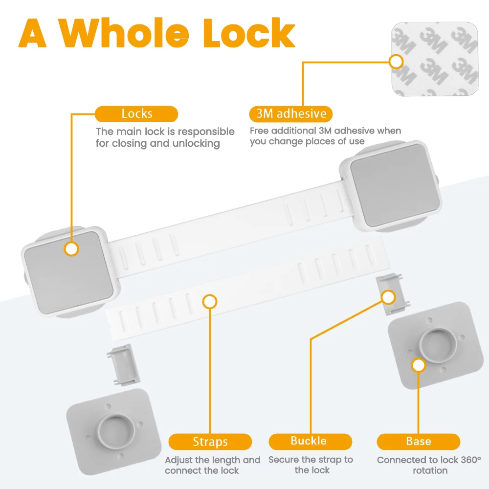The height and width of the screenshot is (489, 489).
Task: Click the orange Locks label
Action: [x=136, y=114]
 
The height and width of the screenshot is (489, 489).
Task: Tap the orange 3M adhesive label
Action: [x=291, y=114]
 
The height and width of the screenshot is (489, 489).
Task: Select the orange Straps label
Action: [x=210, y=442]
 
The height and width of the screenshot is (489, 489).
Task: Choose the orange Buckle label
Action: [x=310, y=441]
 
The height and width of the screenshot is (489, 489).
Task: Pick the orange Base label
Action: [x=418, y=442]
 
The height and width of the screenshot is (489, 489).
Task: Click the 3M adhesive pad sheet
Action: [x=435, y=60]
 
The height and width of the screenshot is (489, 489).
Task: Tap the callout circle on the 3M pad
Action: [x=396, y=62]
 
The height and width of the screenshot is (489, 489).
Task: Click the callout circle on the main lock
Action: [x=71, y=249]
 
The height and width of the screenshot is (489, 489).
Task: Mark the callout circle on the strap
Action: [x=210, y=302]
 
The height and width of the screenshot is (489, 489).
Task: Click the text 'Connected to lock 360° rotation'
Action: [x=428, y=465]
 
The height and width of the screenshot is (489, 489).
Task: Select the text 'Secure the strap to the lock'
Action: [x=311, y=465]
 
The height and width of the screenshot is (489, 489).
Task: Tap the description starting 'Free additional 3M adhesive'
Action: [x=325, y=136]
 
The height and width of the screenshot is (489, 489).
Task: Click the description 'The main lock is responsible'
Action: [x=165, y=137]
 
